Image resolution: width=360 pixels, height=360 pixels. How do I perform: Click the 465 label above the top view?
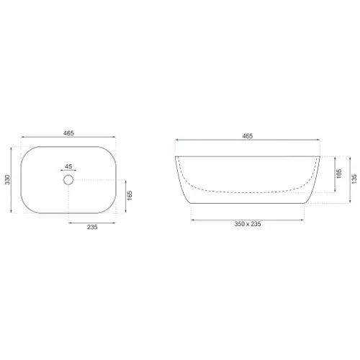[x=68, y=133]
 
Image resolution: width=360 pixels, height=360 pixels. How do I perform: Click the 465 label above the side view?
[x=248, y=136]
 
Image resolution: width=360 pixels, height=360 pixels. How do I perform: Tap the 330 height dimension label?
[x=8, y=179]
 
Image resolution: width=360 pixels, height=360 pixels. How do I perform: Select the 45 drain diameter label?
[x=68, y=166]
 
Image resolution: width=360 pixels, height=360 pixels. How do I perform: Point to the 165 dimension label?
[x=130, y=196]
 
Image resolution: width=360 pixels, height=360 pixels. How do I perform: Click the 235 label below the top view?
[x=92, y=227]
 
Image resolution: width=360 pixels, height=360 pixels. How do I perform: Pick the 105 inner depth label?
[x=339, y=174]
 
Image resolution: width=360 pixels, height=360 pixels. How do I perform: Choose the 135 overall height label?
[x=354, y=179]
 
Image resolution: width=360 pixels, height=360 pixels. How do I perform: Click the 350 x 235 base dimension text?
[x=248, y=224]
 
